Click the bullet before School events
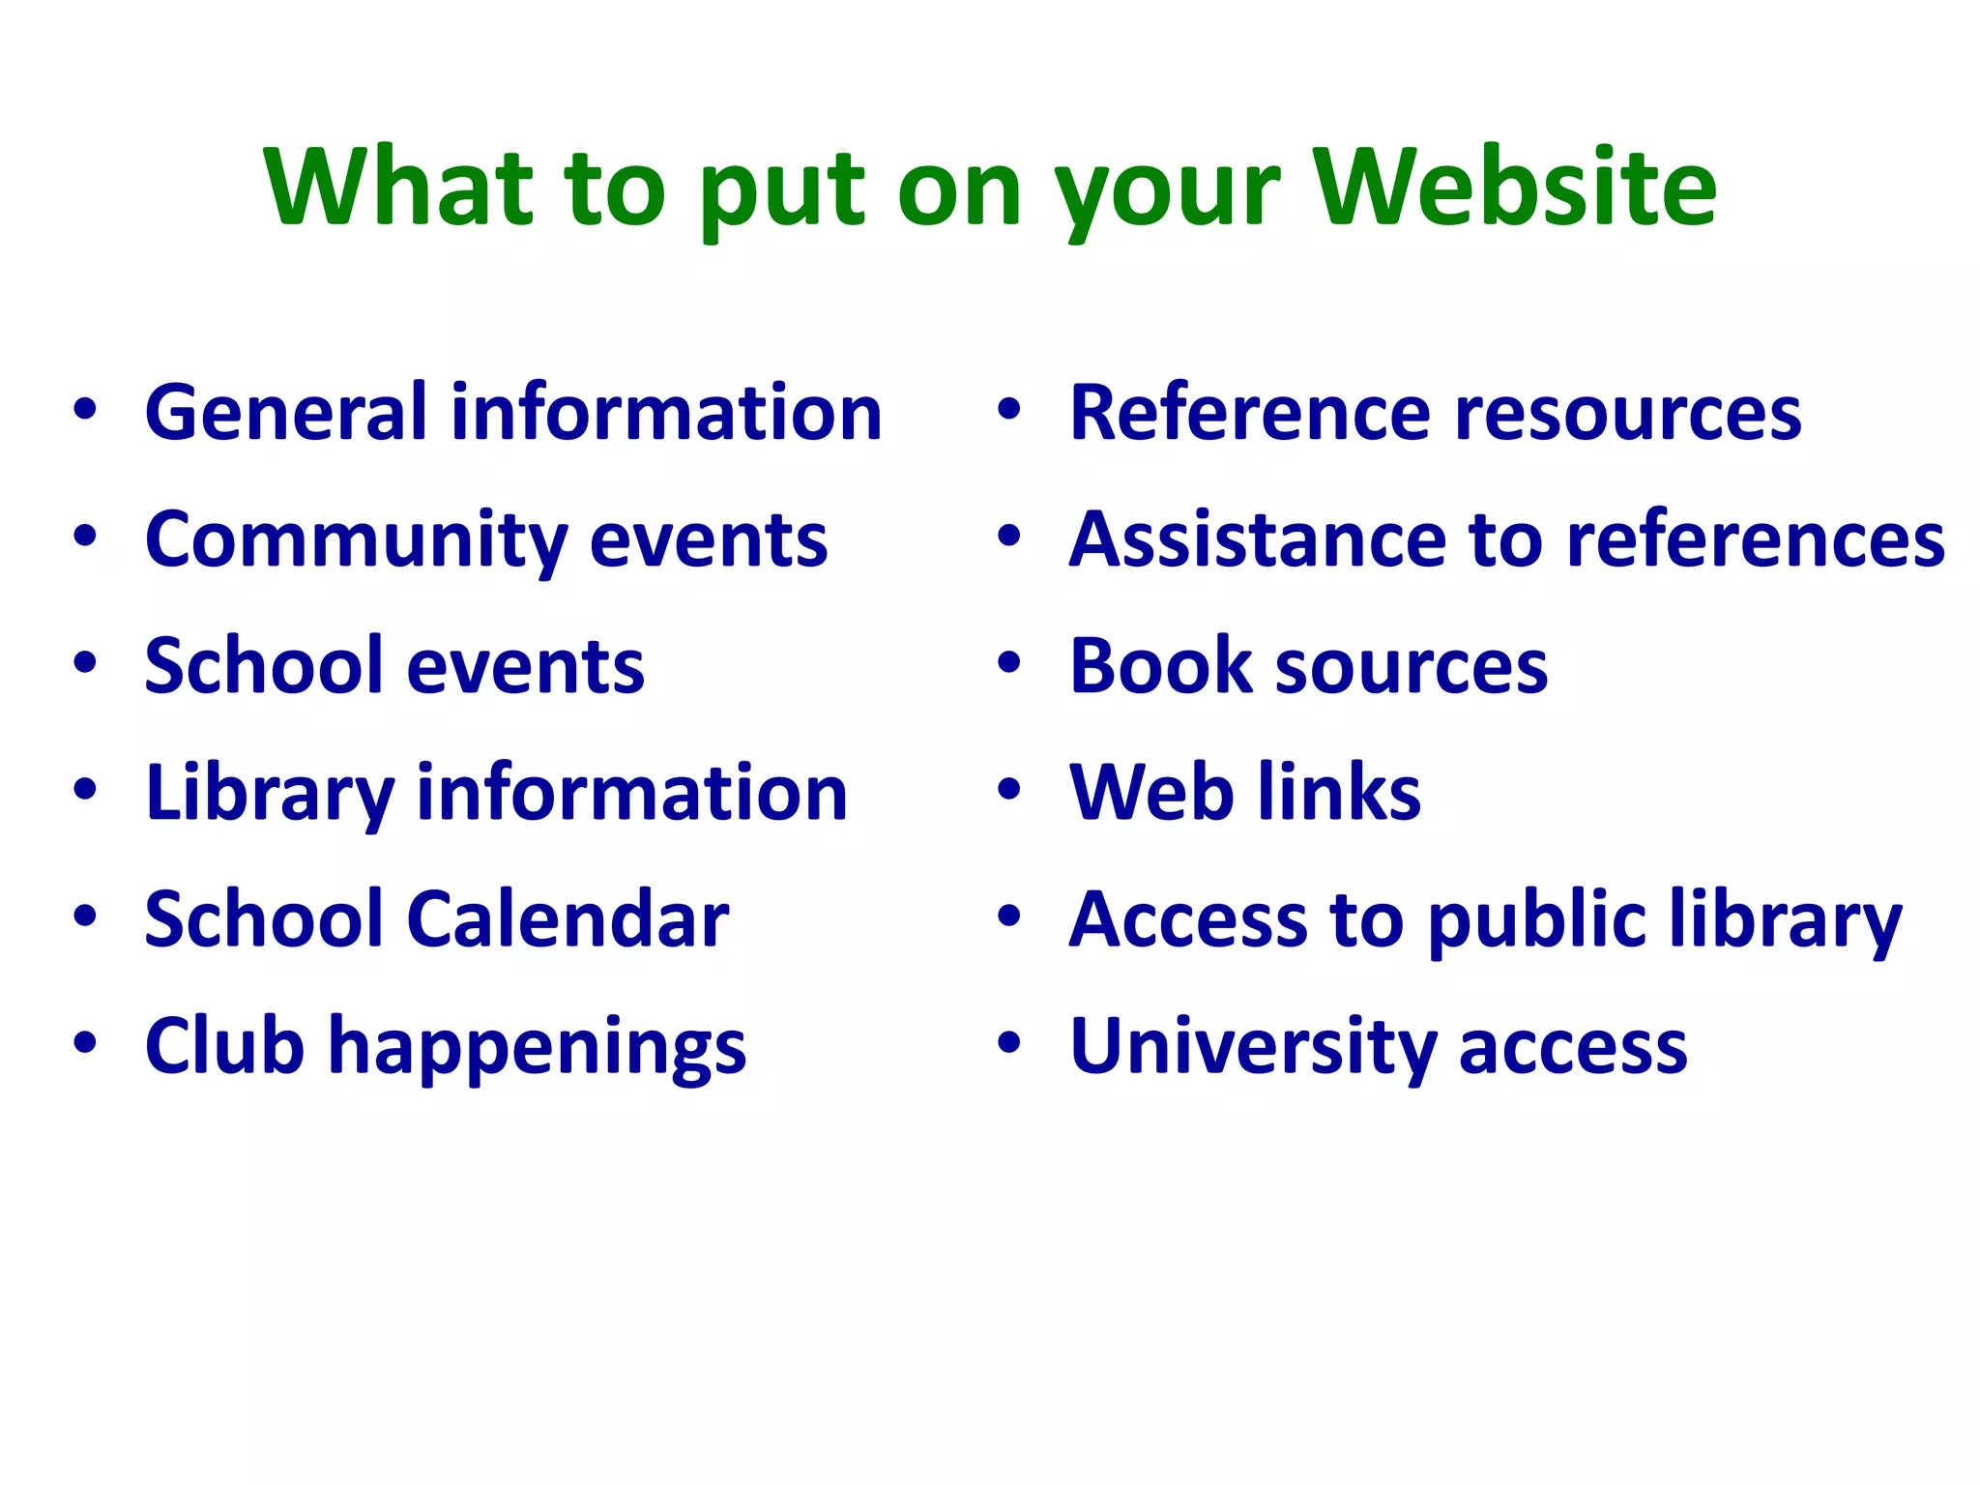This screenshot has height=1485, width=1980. [85, 664]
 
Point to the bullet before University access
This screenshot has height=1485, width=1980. [1009, 1043]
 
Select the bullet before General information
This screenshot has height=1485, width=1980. [85, 410]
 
